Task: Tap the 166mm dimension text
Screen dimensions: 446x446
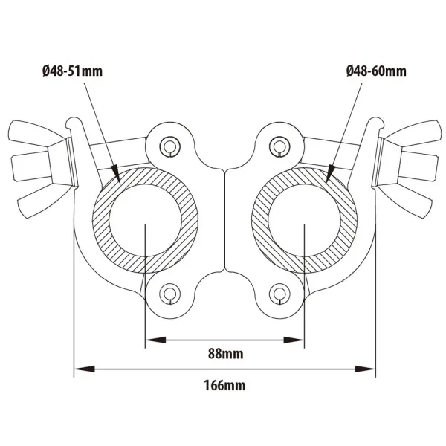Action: click(x=223, y=385)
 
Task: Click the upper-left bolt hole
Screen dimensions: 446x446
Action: click(x=170, y=145)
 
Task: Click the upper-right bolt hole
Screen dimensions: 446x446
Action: click(x=279, y=145)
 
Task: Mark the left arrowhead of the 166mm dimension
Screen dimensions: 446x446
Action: click(x=80, y=368)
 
